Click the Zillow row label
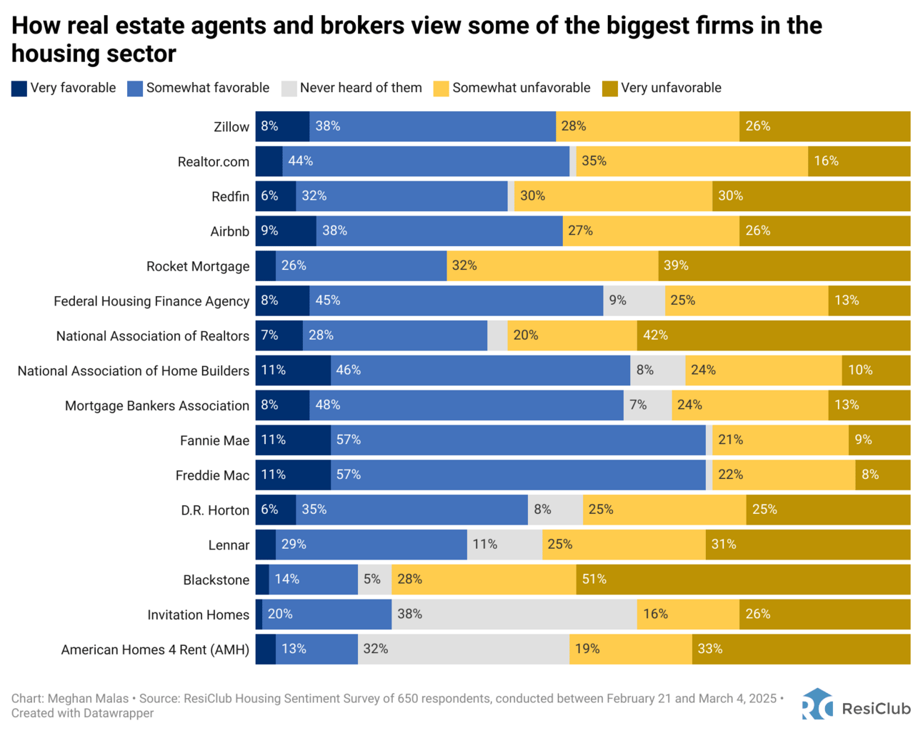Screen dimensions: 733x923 [x=231, y=127]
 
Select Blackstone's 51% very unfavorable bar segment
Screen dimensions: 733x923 [x=743, y=580]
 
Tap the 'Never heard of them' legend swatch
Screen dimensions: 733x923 [x=289, y=89]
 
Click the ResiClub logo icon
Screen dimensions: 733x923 [x=817, y=704]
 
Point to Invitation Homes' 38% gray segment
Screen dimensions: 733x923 [x=514, y=615]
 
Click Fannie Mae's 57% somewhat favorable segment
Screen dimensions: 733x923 [x=518, y=440]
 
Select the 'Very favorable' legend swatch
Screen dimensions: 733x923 [x=19, y=89]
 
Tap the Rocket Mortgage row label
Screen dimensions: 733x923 [x=198, y=266]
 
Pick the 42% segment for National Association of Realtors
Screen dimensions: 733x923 [x=773, y=335]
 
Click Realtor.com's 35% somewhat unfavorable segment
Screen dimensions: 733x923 [x=692, y=161]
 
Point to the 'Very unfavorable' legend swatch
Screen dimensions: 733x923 [x=610, y=89]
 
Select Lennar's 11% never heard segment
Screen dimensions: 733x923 [x=504, y=545]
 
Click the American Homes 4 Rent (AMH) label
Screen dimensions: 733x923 [x=155, y=649]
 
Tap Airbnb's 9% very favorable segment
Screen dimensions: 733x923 [x=286, y=231]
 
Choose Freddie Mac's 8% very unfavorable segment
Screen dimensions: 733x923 [x=882, y=475]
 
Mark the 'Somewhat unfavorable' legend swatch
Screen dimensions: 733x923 [x=441, y=89]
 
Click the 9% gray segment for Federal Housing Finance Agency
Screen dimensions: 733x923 [x=634, y=300]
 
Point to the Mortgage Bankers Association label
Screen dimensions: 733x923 [x=157, y=405]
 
